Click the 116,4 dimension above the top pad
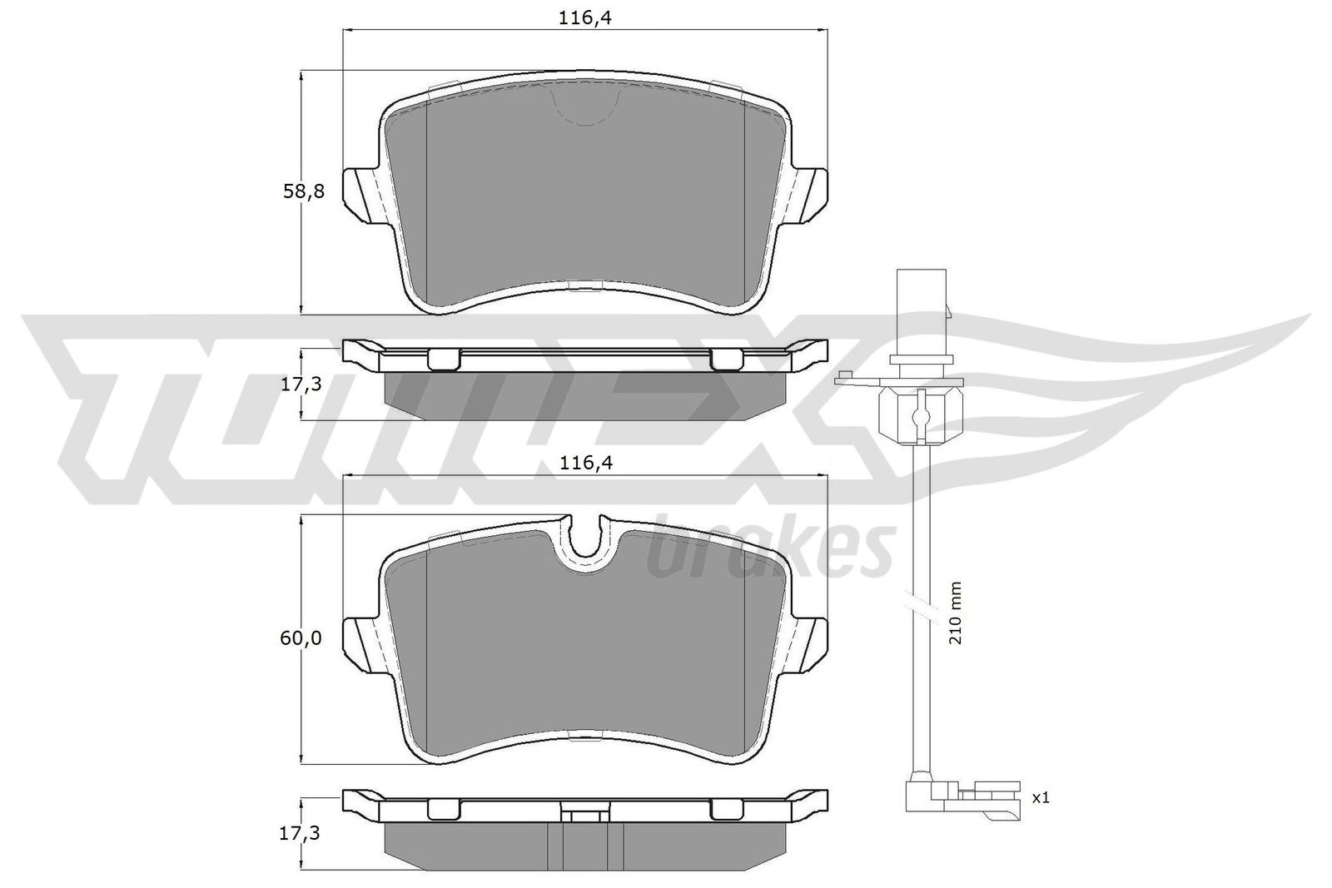click(585, 17)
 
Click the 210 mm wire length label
click(956, 612)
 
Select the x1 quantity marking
click(1040, 798)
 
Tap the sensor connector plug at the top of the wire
click(921, 300)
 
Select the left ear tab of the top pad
click(365, 196)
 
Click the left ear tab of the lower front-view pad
click(365, 642)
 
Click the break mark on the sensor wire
click(919, 601)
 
